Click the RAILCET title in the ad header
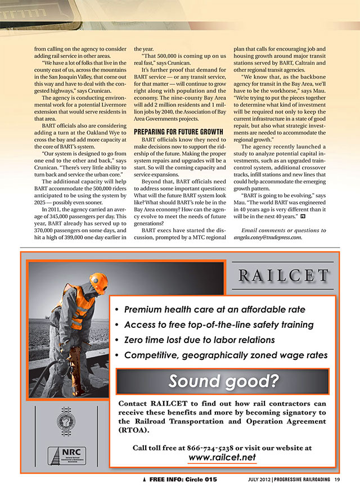(x=282, y=276)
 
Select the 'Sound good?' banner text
(x=224, y=381)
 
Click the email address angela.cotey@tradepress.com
(x=268, y=237)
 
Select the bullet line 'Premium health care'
(x=215, y=310)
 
